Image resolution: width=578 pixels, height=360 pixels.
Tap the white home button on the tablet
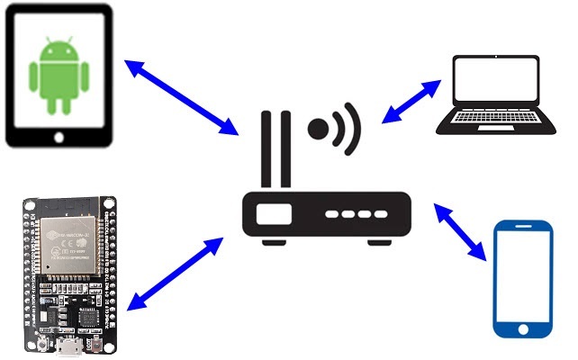click(60, 137)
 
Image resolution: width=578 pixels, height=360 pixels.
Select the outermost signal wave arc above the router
click(354, 128)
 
